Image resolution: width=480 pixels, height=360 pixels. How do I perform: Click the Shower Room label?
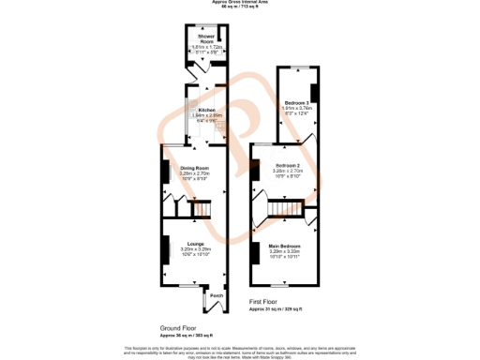click(194, 38)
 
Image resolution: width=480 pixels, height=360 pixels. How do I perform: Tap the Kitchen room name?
click(194, 109)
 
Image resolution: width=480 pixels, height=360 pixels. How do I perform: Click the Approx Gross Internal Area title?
click(240, 3)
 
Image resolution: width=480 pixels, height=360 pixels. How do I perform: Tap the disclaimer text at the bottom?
click(240, 350)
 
